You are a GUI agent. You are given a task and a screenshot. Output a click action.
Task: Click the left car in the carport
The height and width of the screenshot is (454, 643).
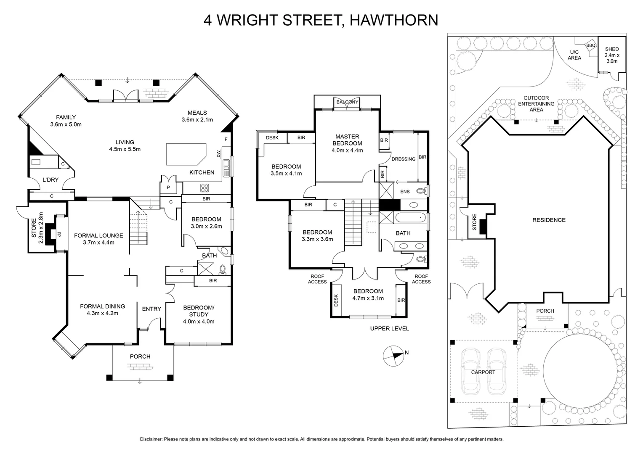pos(470,372)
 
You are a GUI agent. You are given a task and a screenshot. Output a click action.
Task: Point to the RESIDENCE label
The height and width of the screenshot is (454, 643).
pos(549,220)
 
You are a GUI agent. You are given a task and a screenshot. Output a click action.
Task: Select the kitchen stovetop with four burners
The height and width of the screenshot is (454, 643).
pos(204,187)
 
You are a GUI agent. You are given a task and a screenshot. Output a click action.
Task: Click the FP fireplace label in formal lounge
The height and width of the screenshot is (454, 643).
pos(59,234)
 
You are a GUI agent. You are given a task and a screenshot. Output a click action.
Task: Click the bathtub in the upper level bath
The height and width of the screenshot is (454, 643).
pos(411,219)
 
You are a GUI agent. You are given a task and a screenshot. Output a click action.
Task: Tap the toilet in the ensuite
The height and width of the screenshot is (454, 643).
pos(420,191)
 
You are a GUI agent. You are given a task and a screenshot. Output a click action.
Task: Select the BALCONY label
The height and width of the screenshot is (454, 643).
pos(347,102)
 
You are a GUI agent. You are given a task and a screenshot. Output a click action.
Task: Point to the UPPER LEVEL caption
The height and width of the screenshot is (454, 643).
pos(389,328)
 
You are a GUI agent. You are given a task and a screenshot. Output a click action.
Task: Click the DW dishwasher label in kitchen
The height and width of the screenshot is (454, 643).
pos(218,154)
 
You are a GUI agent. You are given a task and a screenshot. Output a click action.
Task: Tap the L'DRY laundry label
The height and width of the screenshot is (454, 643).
pos(50,180)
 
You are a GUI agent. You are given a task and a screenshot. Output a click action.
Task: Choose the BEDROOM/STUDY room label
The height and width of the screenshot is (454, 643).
pos(199,314)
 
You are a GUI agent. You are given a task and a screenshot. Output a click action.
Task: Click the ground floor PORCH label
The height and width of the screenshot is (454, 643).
pos(140,356)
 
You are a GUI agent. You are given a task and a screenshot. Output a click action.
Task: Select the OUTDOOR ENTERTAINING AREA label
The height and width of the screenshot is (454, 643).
pos(536,104)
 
